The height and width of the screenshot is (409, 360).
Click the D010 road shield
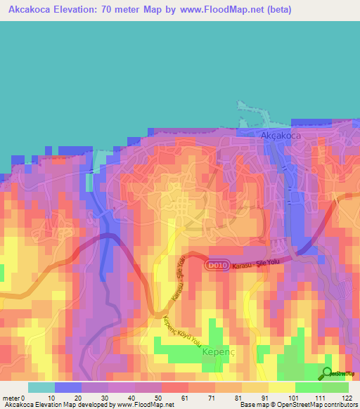[216, 266]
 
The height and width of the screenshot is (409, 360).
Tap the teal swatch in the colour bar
[41, 387]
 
